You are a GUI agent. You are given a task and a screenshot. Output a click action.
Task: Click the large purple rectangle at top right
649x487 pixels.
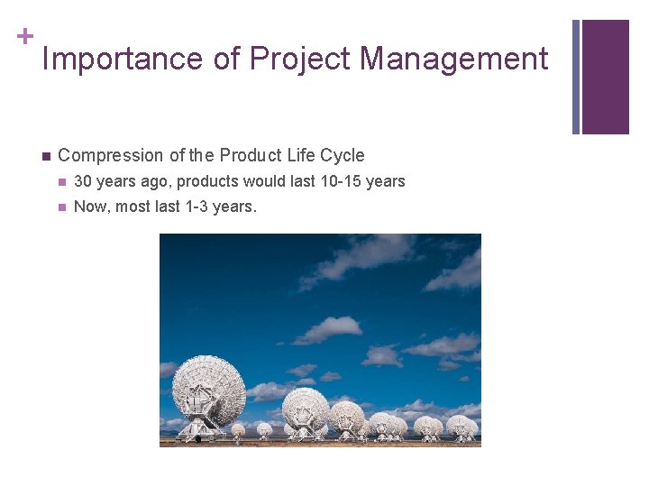pyautogui.click(x=605, y=77)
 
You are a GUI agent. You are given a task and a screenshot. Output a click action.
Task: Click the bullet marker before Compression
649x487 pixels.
pyautogui.click(x=43, y=155)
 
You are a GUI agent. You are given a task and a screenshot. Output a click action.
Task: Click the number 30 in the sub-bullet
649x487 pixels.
pyautogui.click(x=82, y=181)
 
